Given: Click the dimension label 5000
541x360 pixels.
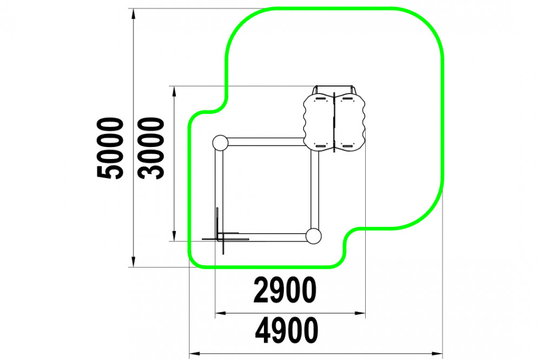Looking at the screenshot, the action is point(110,148).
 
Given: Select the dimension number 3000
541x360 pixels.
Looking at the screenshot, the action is point(151,148).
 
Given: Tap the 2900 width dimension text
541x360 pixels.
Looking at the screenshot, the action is point(285,290).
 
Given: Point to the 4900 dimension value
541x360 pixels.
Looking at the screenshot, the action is point(286,330).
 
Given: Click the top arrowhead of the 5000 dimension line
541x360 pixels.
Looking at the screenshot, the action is point(134,14).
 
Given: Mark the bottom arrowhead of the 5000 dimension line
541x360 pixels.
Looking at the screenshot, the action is point(134,262).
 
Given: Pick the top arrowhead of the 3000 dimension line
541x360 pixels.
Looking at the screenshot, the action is point(174,91).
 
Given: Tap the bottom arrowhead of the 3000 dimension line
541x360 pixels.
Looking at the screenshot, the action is point(174,236).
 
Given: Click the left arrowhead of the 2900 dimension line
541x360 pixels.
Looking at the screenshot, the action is point(221,313).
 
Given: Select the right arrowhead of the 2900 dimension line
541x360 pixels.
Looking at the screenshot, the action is point(360,313).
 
